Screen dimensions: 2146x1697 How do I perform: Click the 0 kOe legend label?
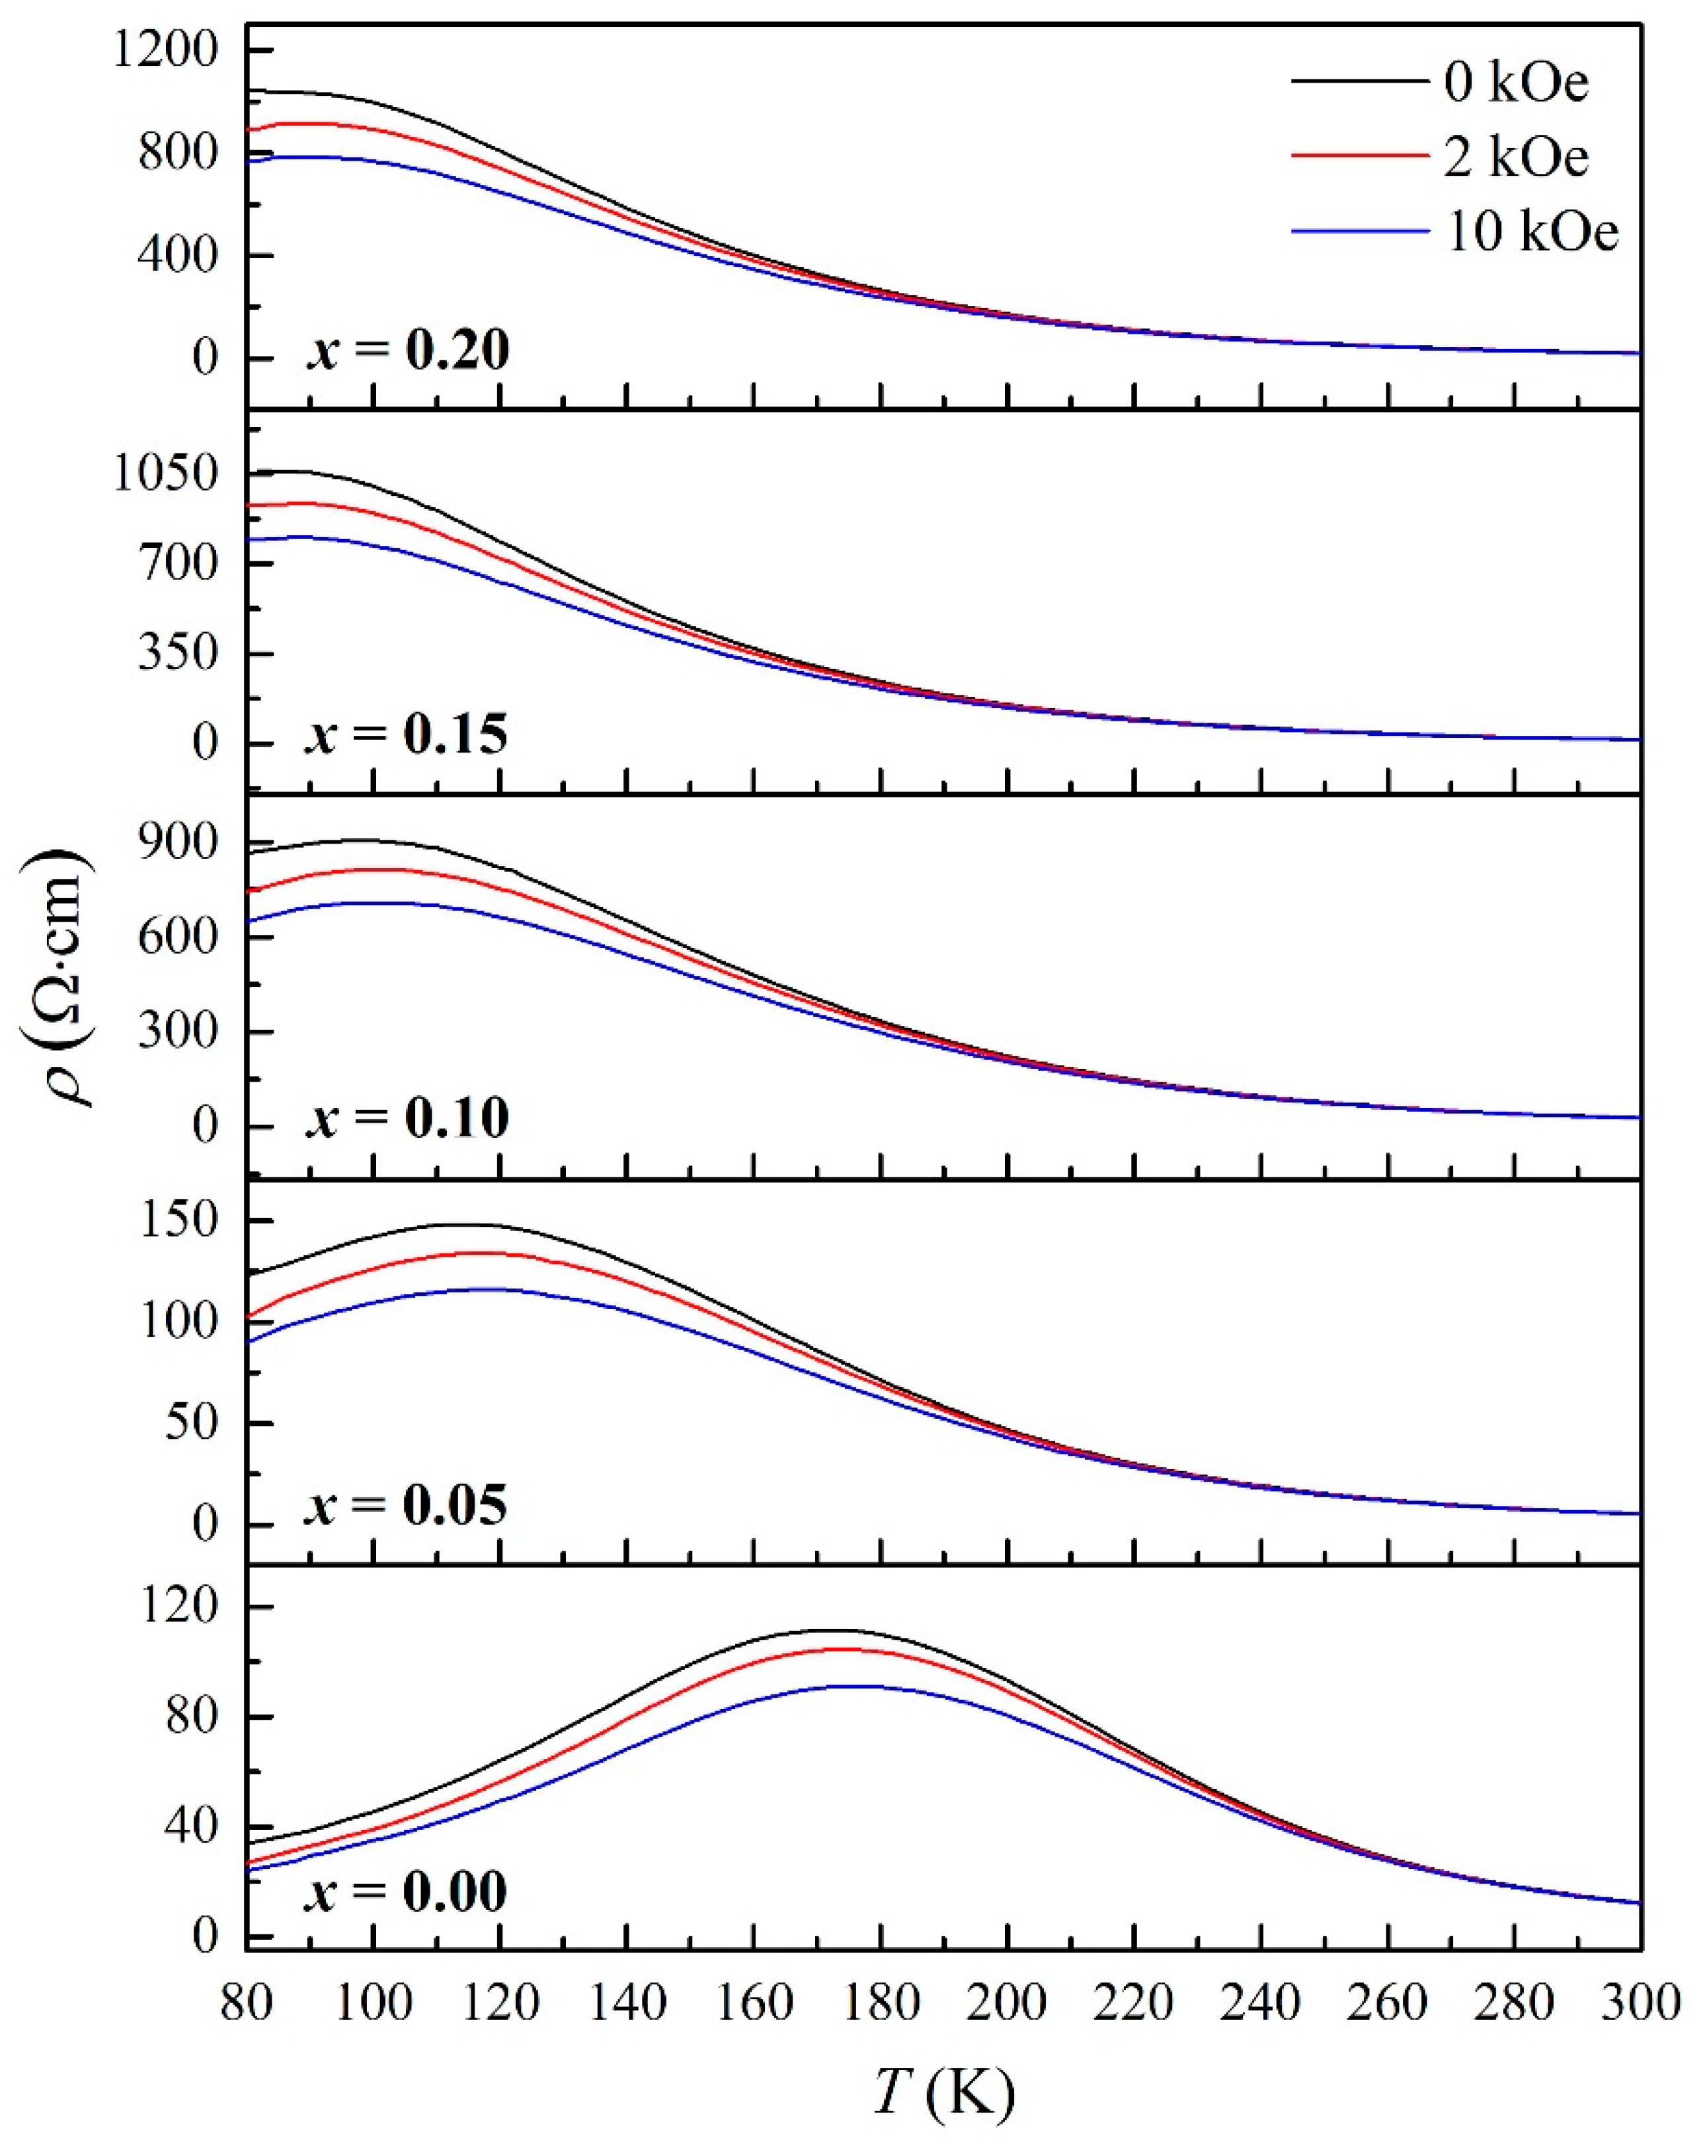(x=1516, y=83)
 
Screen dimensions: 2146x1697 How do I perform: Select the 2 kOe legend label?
(x=1516, y=157)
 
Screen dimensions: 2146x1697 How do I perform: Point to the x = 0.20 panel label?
(x=407, y=350)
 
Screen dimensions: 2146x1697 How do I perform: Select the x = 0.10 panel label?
(x=407, y=1118)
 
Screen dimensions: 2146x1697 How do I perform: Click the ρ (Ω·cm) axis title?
(x=58, y=978)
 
